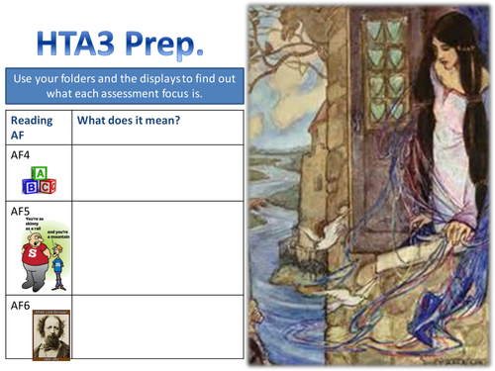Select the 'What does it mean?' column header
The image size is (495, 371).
122,121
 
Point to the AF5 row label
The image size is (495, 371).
20,211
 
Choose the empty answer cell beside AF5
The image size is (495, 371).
156,247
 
